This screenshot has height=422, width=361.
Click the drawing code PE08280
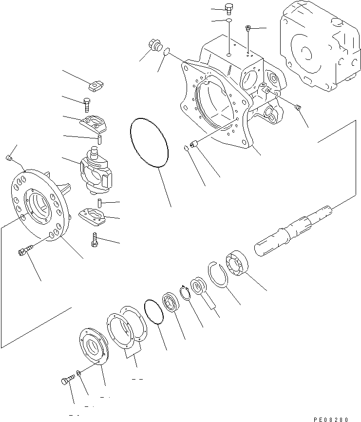[331, 419]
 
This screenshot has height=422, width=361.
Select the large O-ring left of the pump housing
[149, 142]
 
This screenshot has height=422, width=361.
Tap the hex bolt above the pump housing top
[228, 9]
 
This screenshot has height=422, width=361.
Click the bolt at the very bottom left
[68, 379]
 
